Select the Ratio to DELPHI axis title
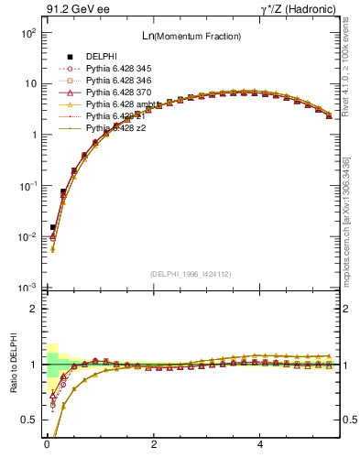[16, 365]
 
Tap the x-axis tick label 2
[154, 447]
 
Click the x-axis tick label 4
[261, 447]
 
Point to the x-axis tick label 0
[47, 447]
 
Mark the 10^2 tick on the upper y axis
[29, 32]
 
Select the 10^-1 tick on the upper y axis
[29, 186]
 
